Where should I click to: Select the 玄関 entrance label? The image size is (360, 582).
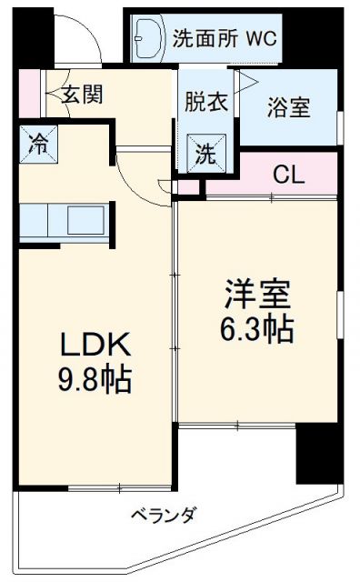[81, 92]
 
